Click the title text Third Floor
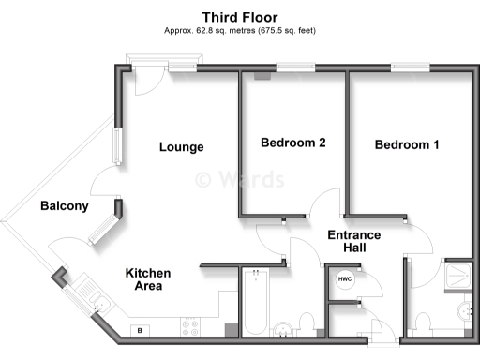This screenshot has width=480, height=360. pyautogui.click(x=240, y=16)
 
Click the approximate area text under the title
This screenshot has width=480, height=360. pyautogui.click(x=240, y=30)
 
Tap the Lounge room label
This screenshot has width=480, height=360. pyautogui.click(x=181, y=147)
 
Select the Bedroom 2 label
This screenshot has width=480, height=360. pyautogui.click(x=292, y=143)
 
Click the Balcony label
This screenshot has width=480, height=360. pyautogui.click(x=64, y=206)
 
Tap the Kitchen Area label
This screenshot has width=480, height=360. pyautogui.click(x=149, y=279)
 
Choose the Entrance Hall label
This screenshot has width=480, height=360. pyautogui.click(x=353, y=241)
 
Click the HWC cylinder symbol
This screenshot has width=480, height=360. pyautogui.click(x=345, y=279)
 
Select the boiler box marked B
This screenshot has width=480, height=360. pyautogui.click(x=141, y=330)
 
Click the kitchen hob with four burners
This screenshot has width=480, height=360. pyautogui.click(x=191, y=327)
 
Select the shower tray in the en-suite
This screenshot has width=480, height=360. pyautogui.click(x=459, y=274)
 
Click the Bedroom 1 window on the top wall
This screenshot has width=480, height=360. pyautogui.click(x=410, y=67)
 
